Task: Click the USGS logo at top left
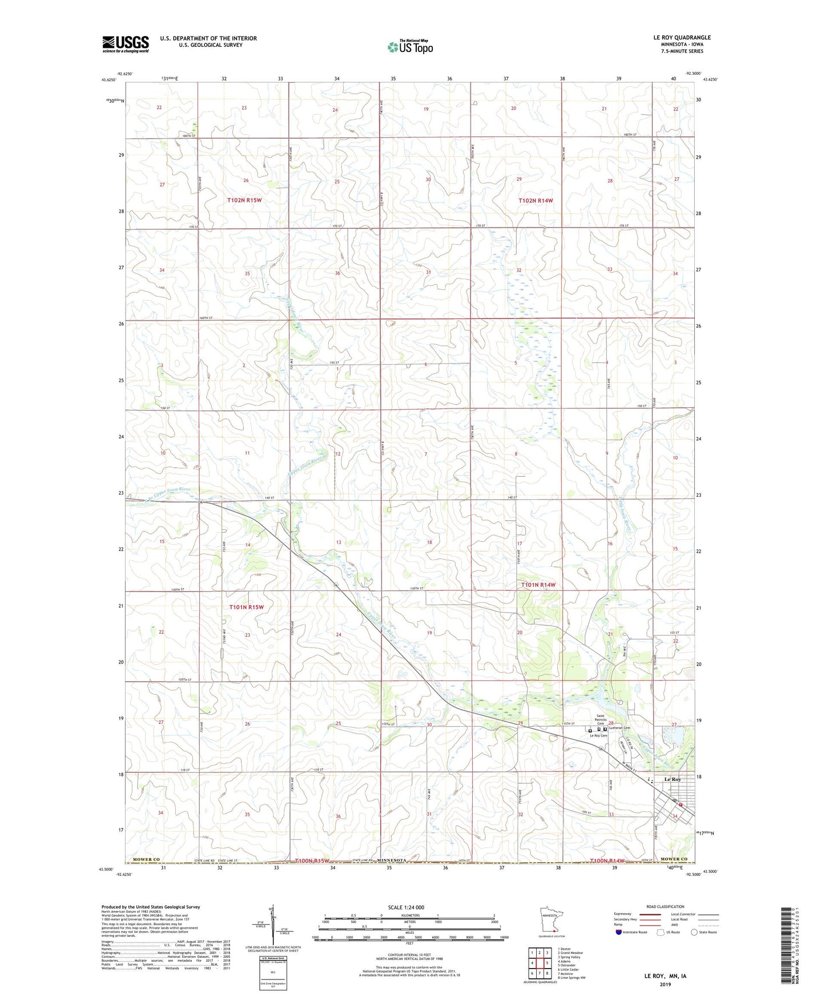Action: (125, 44)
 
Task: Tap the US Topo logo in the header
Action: (409, 47)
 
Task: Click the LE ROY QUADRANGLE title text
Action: (682, 38)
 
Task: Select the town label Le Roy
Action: (672, 780)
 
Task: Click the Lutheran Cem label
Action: (619, 728)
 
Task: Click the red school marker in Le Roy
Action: (681, 805)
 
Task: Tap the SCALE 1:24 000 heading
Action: (406, 907)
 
